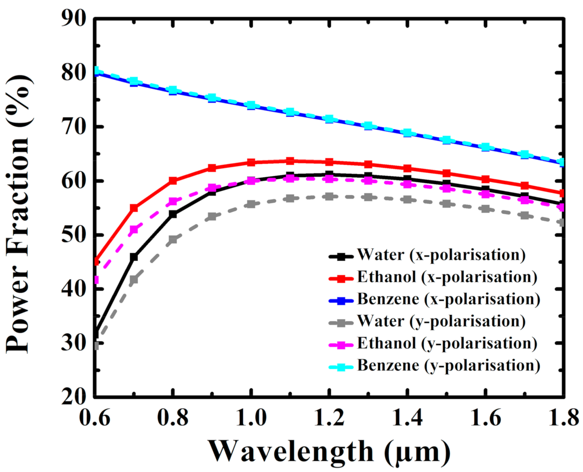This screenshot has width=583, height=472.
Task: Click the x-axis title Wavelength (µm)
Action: [329, 451]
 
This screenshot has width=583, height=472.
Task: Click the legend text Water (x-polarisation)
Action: [441, 255]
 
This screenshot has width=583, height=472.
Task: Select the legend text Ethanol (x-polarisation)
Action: [447, 277]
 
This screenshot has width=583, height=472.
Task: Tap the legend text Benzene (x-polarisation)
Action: [449, 299]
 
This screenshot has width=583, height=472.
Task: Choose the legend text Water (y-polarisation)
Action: [441, 321]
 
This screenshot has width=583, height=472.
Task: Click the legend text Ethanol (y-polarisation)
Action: [447, 343]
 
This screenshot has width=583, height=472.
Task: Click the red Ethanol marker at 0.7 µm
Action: [134, 208]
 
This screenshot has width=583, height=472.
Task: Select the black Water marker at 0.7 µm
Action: [134, 257]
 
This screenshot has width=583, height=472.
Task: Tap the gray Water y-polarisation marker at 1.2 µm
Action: [329, 196]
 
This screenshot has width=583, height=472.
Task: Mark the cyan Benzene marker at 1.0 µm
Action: [251, 105]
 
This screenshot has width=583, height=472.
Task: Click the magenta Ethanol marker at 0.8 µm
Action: [173, 201]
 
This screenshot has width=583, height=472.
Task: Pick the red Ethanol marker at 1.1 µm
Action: [290, 161]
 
